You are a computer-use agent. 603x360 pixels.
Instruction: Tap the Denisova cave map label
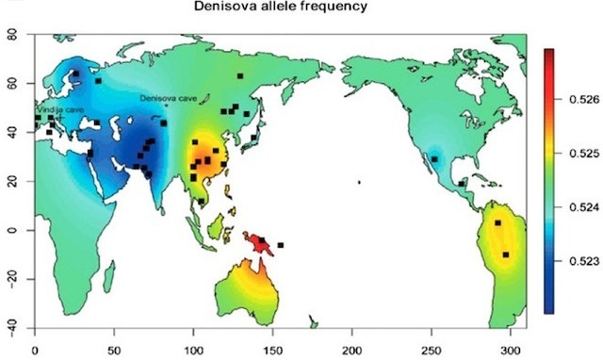(168, 98)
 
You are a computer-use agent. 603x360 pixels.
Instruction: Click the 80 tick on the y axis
(12, 35)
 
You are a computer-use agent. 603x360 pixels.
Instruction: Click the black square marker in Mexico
(434, 159)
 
